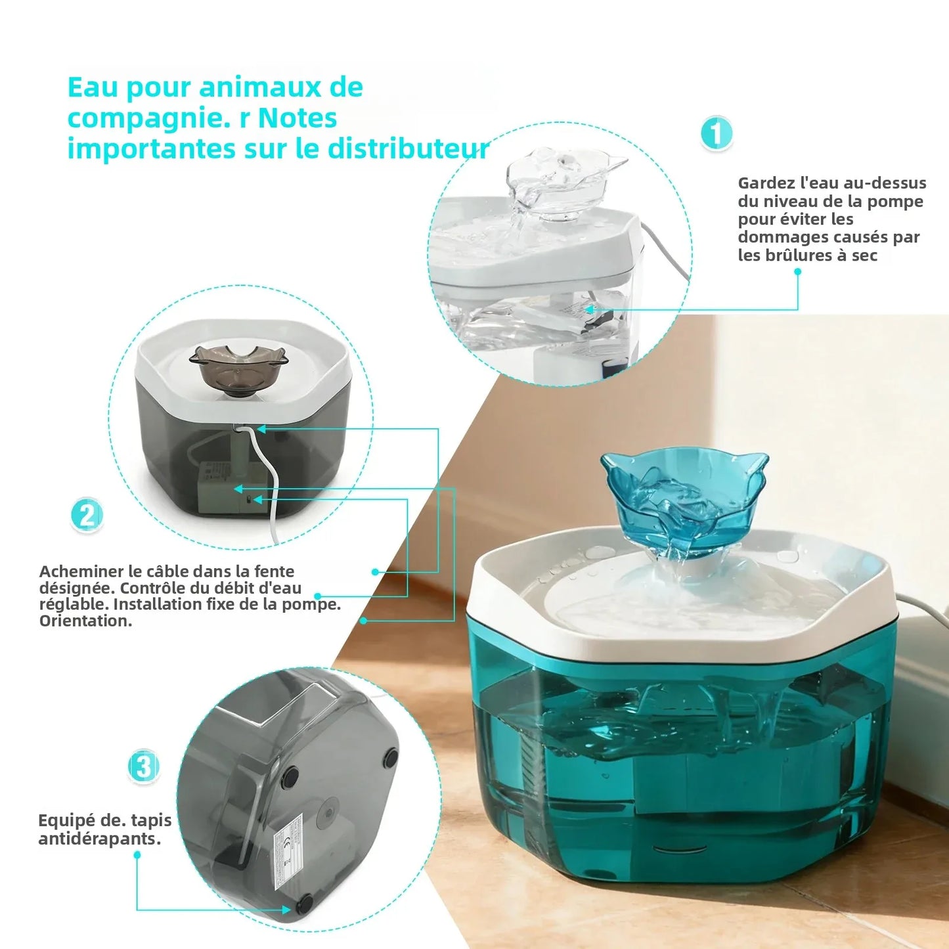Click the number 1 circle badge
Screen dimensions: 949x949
point(716,134)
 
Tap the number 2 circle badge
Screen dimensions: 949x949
point(87,515)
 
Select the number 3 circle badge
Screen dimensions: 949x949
point(144,766)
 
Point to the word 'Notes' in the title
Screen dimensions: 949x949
point(298,118)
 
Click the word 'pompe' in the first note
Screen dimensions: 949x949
point(900,201)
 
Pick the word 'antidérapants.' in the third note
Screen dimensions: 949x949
point(99,839)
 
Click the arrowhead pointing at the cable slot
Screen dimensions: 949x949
point(261,430)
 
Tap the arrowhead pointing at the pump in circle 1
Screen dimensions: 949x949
point(589,309)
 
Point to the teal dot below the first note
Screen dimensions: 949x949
point(798,271)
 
